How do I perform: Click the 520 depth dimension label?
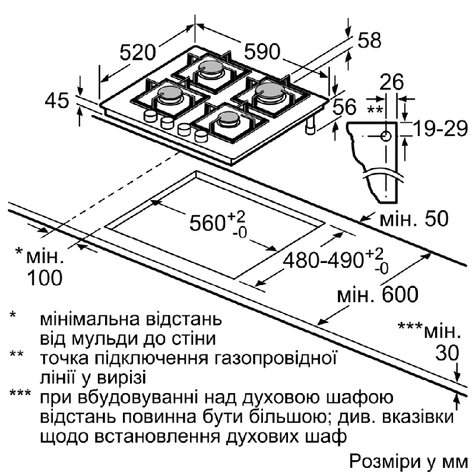pyautogui.click(x=141, y=53)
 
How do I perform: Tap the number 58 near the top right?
pyautogui.click(x=369, y=41)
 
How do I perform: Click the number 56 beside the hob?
pyautogui.click(x=344, y=107)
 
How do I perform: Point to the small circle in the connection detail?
pyautogui.click(x=386, y=136)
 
